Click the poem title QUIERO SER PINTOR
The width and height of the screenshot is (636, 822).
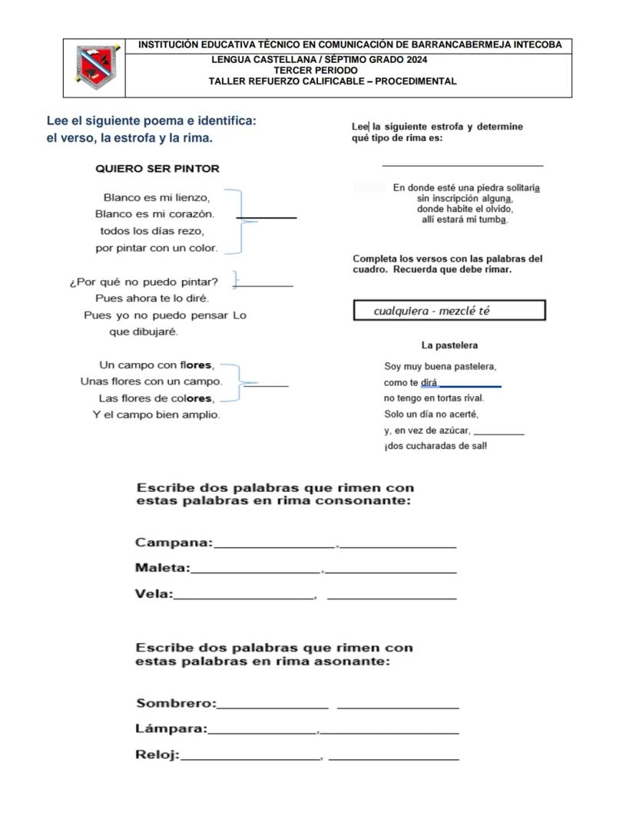pyautogui.click(x=157, y=169)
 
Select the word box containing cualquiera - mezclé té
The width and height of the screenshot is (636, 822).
pyautogui.click(x=449, y=311)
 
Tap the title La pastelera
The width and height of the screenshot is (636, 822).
pyautogui.click(x=449, y=345)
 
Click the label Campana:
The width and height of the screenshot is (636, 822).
pyautogui.click(x=174, y=543)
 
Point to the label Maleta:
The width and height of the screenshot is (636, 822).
pyautogui.click(x=162, y=568)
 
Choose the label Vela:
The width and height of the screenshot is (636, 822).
pyautogui.click(x=154, y=593)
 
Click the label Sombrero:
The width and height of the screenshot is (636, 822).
pyautogui.click(x=176, y=704)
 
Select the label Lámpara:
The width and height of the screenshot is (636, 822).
pyautogui.click(x=171, y=728)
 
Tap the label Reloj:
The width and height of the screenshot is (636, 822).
pyautogui.click(x=157, y=755)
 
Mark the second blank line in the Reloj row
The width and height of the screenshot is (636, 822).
pyautogui.click(x=393, y=758)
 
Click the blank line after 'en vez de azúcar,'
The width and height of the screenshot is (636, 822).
pyautogui.click(x=499, y=434)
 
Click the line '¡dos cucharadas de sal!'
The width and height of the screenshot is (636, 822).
pyautogui.click(x=435, y=446)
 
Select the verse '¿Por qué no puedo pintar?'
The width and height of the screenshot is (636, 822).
pyautogui.click(x=144, y=281)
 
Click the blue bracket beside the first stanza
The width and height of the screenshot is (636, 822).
pyautogui.click(x=240, y=221)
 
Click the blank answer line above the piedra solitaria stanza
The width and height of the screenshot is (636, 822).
pyautogui.click(x=462, y=164)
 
